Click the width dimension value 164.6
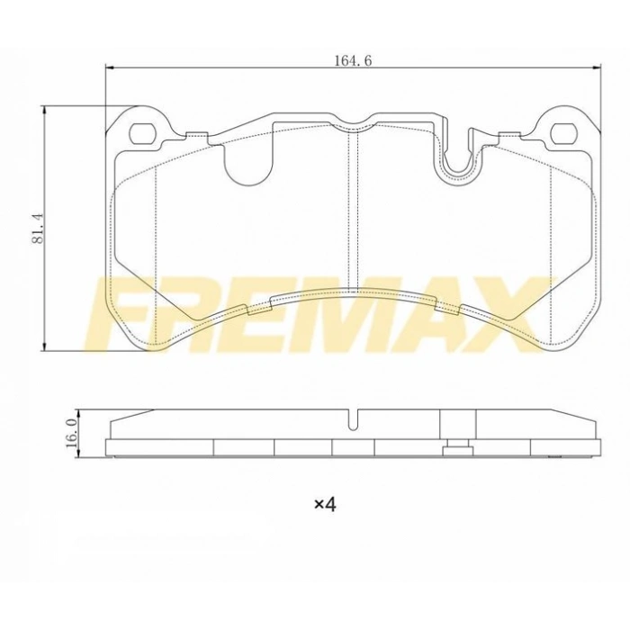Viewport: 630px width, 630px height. click(x=353, y=60)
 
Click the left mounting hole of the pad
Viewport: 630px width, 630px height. click(x=142, y=134)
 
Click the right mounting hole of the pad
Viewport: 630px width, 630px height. click(x=563, y=134)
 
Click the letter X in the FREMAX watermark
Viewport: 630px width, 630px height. click(x=509, y=315)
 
